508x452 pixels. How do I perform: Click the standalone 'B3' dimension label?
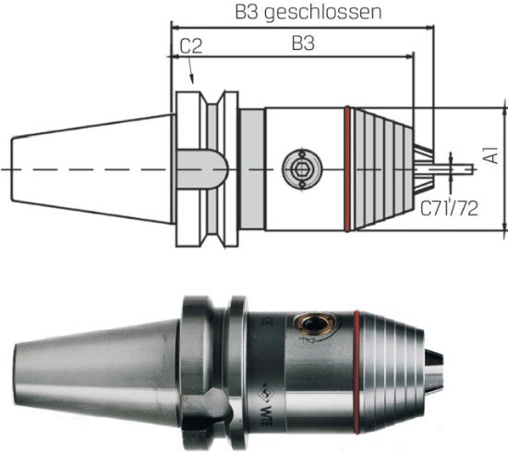303,43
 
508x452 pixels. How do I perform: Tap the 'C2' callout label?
191,44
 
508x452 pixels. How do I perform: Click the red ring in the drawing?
346,168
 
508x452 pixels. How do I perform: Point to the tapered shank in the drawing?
92,168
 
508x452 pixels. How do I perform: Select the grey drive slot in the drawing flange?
202,169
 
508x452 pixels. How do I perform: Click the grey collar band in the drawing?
251,168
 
